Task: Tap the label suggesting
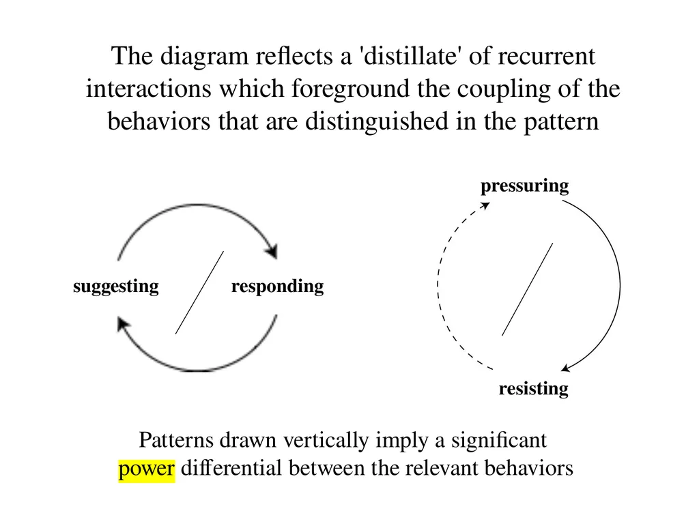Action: point(116,287)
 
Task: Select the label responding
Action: point(277,287)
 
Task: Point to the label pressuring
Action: point(525,186)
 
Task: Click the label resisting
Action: point(533,388)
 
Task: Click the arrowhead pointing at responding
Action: point(272,251)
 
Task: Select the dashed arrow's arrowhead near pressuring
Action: point(485,206)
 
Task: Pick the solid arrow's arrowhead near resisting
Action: point(566,368)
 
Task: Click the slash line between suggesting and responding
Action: point(199,293)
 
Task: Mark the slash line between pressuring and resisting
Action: point(528,289)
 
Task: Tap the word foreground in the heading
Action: point(350,89)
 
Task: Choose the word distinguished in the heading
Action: point(377,122)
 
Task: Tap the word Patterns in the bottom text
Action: point(177,440)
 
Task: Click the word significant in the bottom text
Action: point(499,441)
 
